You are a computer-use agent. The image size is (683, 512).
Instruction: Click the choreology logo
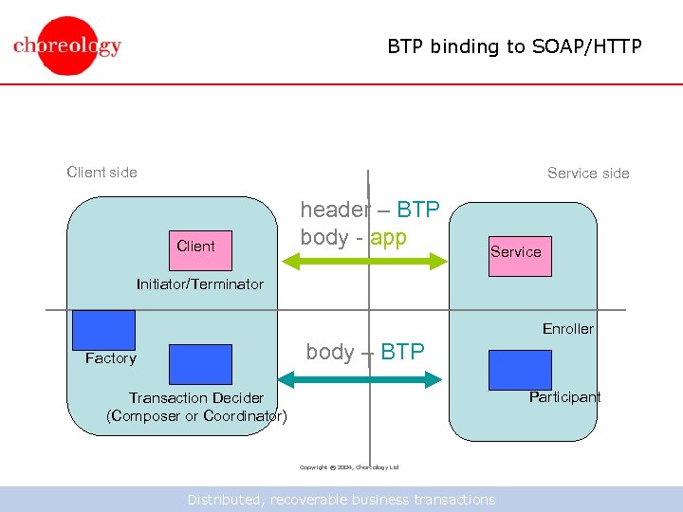click(x=67, y=45)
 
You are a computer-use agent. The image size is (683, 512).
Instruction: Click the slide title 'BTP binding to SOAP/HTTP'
click(x=514, y=46)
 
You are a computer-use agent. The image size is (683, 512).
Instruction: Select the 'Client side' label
click(x=102, y=172)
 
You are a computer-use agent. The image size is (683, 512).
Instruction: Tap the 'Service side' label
click(x=588, y=173)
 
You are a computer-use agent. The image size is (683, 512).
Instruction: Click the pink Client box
click(x=195, y=246)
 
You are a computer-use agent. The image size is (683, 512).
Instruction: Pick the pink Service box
click(x=519, y=252)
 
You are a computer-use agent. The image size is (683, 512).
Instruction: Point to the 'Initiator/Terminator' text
click(x=200, y=284)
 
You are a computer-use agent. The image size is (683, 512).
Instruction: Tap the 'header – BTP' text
click(x=369, y=210)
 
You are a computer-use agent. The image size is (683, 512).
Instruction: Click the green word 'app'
click(x=388, y=237)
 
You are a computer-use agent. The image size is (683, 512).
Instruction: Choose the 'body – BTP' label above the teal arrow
click(x=364, y=352)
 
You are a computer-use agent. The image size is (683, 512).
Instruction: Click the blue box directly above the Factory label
click(x=103, y=330)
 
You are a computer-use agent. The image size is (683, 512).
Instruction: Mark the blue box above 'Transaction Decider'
click(x=200, y=364)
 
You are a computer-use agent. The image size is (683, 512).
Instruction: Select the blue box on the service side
click(x=519, y=370)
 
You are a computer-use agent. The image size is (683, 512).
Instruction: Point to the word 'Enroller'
click(x=567, y=329)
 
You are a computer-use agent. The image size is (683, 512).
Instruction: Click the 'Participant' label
click(x=564, y=397)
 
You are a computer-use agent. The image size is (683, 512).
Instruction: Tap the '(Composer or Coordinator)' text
click(x=196, y=416)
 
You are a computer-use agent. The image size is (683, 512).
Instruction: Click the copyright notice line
click(x=349, y=467)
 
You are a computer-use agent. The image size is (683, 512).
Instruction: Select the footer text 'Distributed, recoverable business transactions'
click(x=341, y=500)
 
